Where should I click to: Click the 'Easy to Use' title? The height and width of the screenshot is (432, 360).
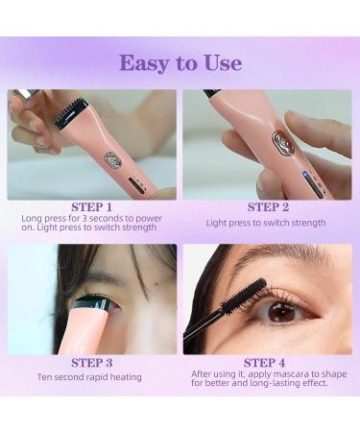click(x=180, y=63)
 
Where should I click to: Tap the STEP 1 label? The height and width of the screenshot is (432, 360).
click(x=91, y=207)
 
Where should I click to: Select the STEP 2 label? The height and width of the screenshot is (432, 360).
click(x=268, y=207)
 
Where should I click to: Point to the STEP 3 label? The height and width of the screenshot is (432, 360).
click(x=92, y=363)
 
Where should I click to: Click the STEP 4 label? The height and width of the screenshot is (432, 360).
click(x=264, y=363)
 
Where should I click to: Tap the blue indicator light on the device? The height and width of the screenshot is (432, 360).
click(x=305, y=175)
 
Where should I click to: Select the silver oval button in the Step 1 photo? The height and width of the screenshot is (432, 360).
click(x=112, y=159)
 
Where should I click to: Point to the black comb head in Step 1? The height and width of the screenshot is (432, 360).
click(x=70, y=112)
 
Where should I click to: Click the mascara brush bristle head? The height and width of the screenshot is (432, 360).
click(x=245, y=296)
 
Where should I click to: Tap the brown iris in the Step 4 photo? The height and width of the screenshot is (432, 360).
click(x=281, y=312)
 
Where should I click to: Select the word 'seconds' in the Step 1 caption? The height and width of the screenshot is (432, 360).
click(x=107, y=218)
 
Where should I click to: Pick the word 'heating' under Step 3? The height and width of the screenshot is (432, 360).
click(x=126, y=377)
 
